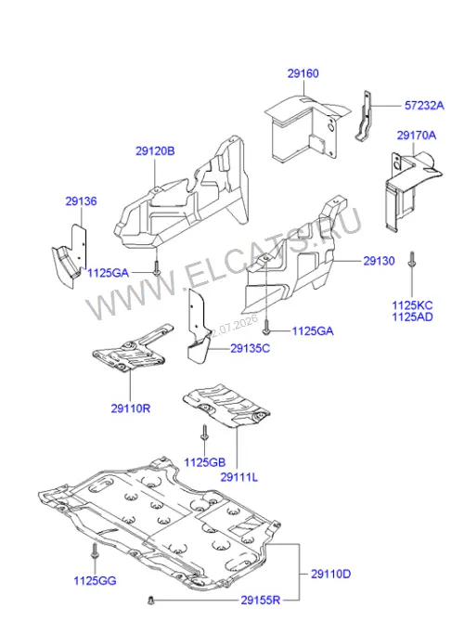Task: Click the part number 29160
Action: point(303,73)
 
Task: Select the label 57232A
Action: point(424,106)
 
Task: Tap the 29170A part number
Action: point(417,135)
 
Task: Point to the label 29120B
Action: point(155,151)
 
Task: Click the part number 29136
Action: point(82,201)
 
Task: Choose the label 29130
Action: point(379,261)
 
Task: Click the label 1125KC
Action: point(412,305)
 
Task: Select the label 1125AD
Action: point(412,317)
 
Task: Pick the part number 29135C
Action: point(250,348)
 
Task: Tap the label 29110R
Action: point(131,408)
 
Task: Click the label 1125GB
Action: point(205,462)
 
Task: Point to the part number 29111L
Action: point(238,477)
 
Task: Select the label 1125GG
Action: point(95,581)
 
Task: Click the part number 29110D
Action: point(331,574)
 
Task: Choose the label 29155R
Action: point(261,600)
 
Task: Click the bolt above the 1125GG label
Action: point(95,551)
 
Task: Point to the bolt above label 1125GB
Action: point(204,433)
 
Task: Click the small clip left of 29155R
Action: point(151,601)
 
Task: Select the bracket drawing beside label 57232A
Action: point(364,116)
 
